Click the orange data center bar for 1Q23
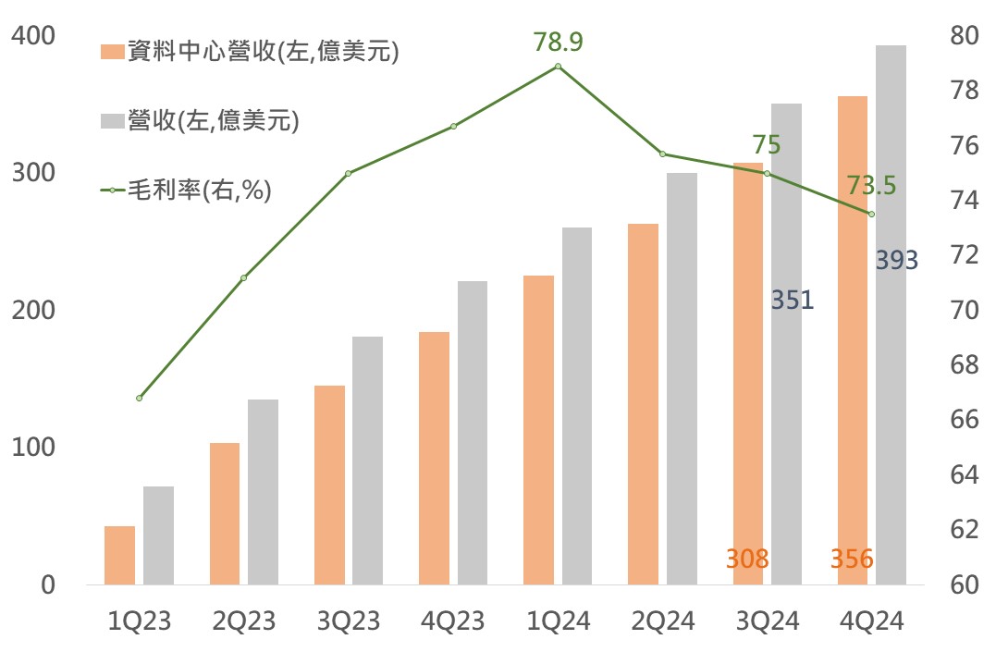(x=119, y=555)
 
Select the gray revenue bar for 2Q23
(x=263, y=492)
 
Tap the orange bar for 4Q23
(x=434, y=458)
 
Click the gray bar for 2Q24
(x=682, y=378)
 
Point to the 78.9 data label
(x=559, y=43)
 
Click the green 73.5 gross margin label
(x=871, y=186)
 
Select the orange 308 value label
(x=748, y=559)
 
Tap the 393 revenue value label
(x=896, y=261)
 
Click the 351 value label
(x=792, y=300)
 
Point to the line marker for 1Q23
(x=139, y=398)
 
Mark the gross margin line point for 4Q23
(x=453, y=126)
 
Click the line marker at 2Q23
(x=243, y=277)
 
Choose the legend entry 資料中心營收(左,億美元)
(x=250, y=53)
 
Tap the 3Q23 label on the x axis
(x=349, y=621)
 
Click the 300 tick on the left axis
(x=35, y=173)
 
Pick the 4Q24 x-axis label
(x=871, y=621)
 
